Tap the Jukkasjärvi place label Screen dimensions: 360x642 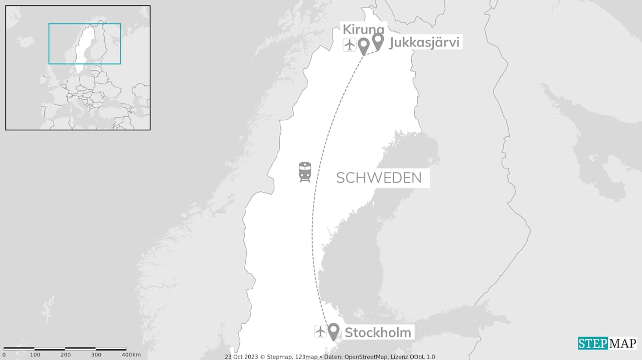424,42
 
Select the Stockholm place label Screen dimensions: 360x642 378,332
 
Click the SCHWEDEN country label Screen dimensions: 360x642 379,177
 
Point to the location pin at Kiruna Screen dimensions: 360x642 364,46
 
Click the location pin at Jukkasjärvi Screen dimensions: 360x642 378,41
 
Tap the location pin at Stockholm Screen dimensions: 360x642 334,331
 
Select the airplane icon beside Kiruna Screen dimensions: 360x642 350,45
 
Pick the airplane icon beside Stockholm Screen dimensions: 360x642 320,331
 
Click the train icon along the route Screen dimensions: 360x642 304,171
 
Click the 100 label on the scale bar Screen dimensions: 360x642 35,355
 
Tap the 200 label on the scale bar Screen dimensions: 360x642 66,355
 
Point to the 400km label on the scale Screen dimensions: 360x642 130,355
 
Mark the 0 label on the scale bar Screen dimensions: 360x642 4,355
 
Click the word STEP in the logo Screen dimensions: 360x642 593,343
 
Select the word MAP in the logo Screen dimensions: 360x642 622,343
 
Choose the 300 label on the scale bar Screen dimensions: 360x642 96,355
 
